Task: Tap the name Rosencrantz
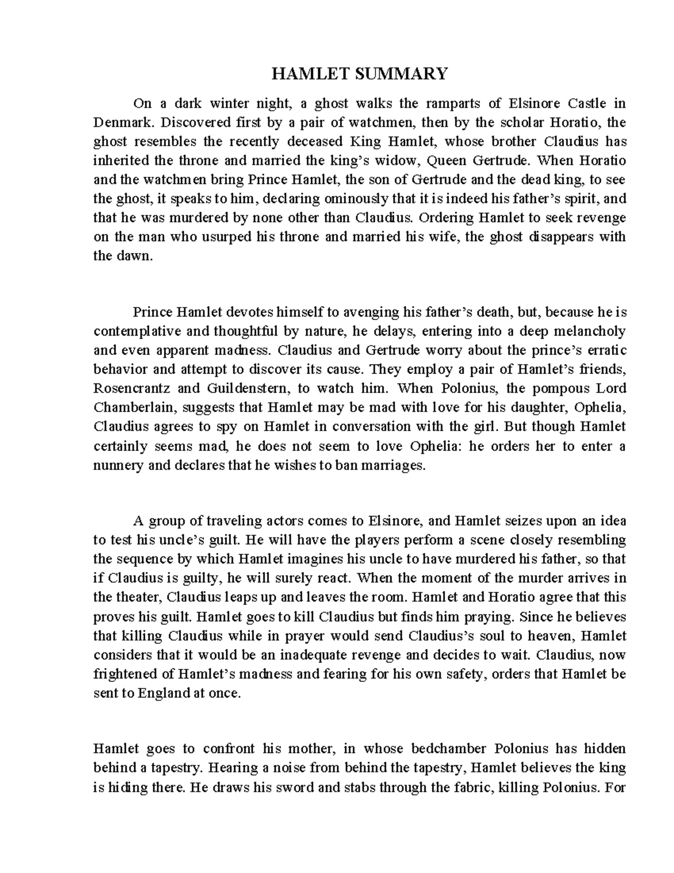(130, 388)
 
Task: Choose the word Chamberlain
(133, 407)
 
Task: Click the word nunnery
(115, 465)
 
